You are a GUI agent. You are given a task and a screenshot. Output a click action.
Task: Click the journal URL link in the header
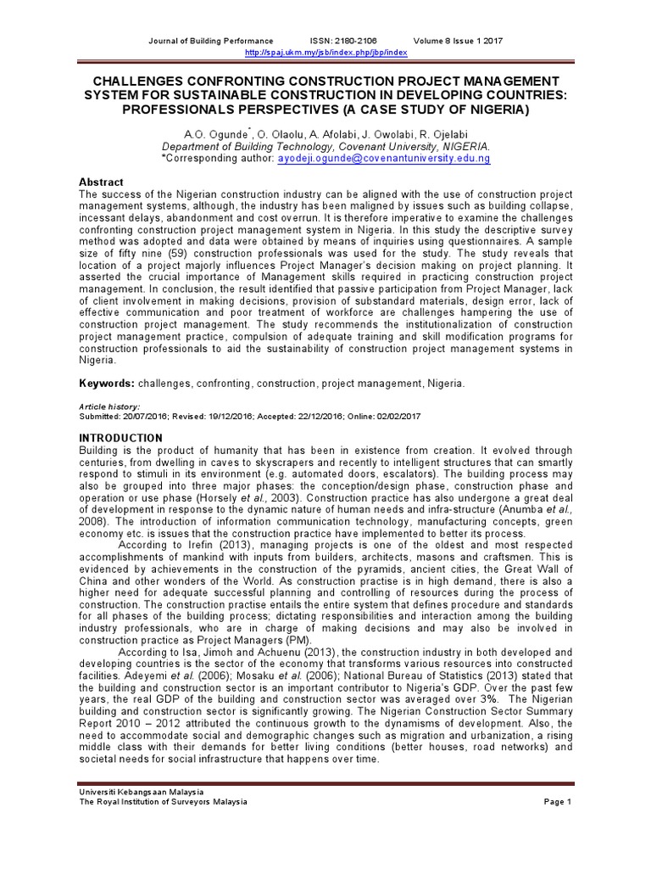pos(325,53)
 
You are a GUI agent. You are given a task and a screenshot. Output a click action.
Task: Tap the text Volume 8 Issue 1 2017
pos(458,41)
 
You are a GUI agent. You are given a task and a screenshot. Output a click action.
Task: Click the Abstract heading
pos(101,182)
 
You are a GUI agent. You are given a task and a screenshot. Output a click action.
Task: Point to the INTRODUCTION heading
pos(120,438)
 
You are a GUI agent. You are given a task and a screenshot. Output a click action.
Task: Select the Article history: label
pos(109,407)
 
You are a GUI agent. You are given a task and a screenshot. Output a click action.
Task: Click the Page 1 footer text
pos(558,802)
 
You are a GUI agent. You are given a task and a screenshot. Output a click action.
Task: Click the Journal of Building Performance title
pos(211,41)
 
